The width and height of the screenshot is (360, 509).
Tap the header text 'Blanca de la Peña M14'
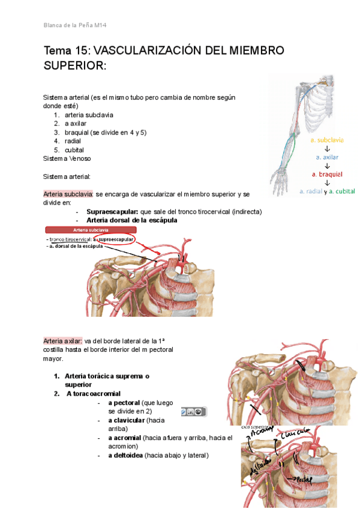click(x=76, y=25)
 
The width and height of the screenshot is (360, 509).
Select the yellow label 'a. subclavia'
click(x=327, y=140)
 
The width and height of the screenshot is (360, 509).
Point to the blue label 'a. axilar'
click(x=327, y=157)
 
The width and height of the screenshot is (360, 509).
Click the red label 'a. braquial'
click(x=327, y=174)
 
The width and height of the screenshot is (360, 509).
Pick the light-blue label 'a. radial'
click(x=310, y=191)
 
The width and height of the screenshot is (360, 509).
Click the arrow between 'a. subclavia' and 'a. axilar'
click(x=327, y=148)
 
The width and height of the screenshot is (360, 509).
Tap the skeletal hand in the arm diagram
click(x=280, y=178)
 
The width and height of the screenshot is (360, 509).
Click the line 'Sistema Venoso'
click(x=67, y=158)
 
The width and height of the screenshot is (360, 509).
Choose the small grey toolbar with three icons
click(x=193, y=412)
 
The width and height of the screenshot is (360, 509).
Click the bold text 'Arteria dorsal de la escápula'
click(x=132, y=220)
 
